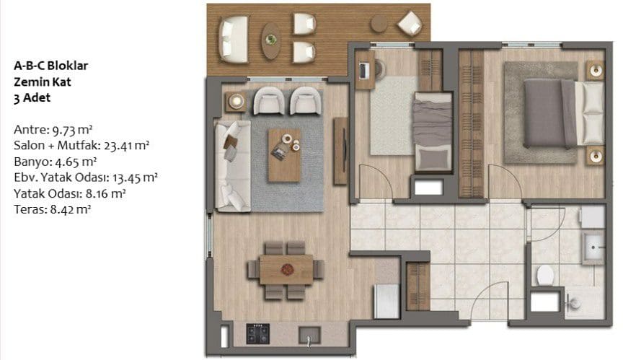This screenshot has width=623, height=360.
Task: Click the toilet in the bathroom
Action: (x=545, y=275)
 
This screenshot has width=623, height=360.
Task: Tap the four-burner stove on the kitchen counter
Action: (x=258, y=334)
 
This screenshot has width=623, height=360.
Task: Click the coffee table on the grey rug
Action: (x=285, y=155)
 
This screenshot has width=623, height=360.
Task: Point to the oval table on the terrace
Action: (x=271, y=41)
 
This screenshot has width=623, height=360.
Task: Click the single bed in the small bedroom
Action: (x=433, y=133)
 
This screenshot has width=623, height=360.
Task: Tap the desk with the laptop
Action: (x=366, y=70)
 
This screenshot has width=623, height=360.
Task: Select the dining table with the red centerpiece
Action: (x=286, y=270)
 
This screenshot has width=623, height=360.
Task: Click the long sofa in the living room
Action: (x=233, y=166)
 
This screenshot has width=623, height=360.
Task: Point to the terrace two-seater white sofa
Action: (x=234, y=40)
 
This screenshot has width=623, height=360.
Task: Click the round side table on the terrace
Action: (x=379, y=23)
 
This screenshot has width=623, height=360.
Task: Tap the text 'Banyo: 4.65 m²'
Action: (x=56, y=162)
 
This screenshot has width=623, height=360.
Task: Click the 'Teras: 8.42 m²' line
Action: (x=53, y=209)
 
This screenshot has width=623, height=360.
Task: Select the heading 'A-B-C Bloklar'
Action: (x=51, y=66)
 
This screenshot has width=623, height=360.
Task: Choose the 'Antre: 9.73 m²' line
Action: (x=53, y=130)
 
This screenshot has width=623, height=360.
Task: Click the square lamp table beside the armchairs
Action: (x=236, y=102)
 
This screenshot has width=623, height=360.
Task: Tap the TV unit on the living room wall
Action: (x=341, y=151)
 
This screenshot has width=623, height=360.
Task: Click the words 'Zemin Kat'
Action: (x=43, y=82)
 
